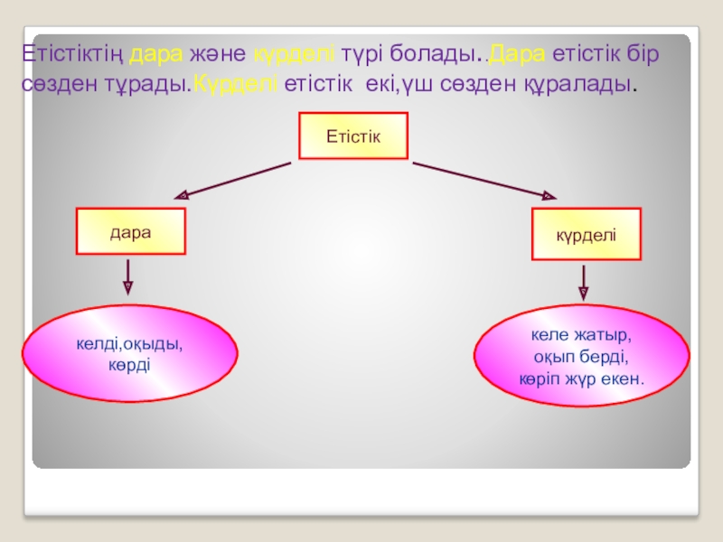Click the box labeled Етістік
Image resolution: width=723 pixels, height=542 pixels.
pyautogui.click(x=353, y=135)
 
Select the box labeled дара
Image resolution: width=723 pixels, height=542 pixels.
pyautogui.click(x=130, y=231)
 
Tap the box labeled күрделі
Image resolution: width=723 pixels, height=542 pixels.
pyautogui.click(x=586, y=234)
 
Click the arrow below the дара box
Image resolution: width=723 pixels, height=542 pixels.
pyautogui.click(x=127, y=276)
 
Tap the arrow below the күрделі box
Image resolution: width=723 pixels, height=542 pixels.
pyautogui.click(x=583, y=282)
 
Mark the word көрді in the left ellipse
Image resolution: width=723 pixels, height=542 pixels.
pyautogui.click(x=129, y=363)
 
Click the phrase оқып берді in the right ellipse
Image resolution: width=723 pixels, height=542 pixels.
pyautogui.click(x=581, y=358)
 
